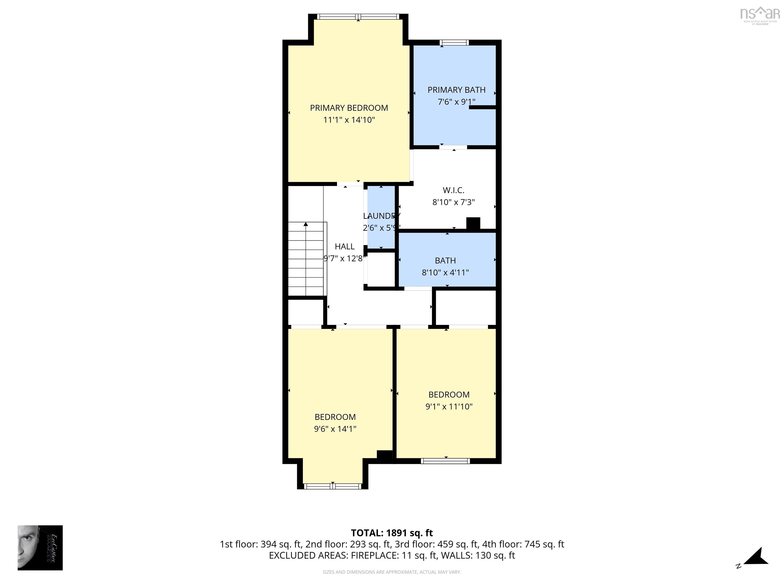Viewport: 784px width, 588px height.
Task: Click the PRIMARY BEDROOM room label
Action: coord(349,108)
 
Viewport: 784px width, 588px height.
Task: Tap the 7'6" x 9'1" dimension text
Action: coord(456,102)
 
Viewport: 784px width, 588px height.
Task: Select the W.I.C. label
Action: coord(453,190)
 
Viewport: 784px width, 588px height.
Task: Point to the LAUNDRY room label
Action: coord(381,216)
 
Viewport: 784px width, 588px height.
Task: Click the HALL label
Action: coord(345,246)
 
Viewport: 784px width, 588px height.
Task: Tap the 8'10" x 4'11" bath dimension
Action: coord(445,273)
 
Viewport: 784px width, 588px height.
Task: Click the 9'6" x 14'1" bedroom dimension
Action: coord(335,429)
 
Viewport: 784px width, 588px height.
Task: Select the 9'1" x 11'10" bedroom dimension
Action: coord(449,407)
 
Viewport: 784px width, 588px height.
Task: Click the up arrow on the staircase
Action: coord(305,224)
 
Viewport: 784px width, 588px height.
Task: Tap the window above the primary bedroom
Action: coord(358,17)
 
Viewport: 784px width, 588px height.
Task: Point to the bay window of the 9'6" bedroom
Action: coord(333,486)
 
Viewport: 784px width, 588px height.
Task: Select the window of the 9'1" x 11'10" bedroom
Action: coord(446,461)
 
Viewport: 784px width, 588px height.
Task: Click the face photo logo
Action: coord(40,548)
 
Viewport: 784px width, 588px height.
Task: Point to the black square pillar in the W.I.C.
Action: coord(473,224)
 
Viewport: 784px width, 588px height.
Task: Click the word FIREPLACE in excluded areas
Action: coord(375,555)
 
